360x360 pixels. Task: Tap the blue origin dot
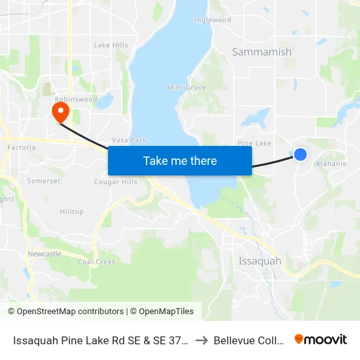[300, 154]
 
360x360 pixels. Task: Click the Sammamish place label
[262, 52]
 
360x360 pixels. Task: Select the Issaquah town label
[260, 261]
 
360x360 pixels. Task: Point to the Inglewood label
[213, 20]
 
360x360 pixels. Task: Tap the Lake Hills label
[111, 45]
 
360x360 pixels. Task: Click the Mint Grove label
[187, 88]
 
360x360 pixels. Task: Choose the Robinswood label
[80, 99]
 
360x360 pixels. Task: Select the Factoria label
[21, 148]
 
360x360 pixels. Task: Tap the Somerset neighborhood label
[45, 181]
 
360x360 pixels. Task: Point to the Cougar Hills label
[117, 182]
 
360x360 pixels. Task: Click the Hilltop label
[72, 211]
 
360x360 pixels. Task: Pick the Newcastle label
[45, 253]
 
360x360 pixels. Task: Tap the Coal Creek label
[97, 262]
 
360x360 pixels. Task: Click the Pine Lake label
[255, 143]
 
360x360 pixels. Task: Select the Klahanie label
[331, 164]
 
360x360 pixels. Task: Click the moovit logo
[321, 339]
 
